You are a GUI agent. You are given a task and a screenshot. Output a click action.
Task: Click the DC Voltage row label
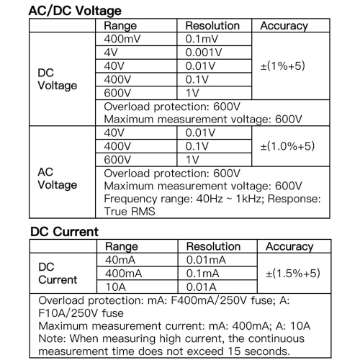pos(57,79)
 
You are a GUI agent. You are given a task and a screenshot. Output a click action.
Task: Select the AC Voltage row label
pos(57,179)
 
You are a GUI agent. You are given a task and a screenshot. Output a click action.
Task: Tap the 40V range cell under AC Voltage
pos(116,133)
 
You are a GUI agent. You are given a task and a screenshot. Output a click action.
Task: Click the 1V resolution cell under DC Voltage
pos(192,93)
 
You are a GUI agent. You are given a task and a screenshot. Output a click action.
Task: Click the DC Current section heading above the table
pos(64,232)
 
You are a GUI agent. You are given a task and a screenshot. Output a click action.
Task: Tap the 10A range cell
pos(116,287)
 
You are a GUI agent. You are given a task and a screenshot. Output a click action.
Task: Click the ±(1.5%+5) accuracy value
pos(293,274)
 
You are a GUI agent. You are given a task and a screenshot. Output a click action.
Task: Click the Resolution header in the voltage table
pos(212,26)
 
